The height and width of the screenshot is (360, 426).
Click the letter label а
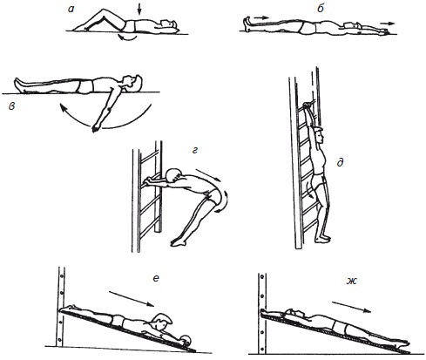(x=71, y=9)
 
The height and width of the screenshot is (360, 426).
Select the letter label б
(x=321, y=9)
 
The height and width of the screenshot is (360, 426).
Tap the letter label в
(x=12, y=106)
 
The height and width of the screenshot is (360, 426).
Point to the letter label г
(x=195, y=150)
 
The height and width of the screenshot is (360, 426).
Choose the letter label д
(x=340, y=163)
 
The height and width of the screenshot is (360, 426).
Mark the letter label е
(x=156, y=278)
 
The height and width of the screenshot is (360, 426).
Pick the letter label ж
(x=352, y=281)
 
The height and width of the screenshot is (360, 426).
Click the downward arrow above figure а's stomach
(x=139, y=10)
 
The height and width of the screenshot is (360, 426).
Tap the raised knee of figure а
(x=102, y=11)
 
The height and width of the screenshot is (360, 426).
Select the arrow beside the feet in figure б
(x=263, y=17)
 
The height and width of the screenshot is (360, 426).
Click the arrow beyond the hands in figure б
(x=389, y=24)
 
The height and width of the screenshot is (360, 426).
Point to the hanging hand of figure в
(x=95, y=128)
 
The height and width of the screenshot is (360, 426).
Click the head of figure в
(x=132, y=82)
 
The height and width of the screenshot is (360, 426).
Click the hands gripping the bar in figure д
(x=308, y=106)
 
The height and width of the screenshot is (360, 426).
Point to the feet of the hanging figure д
(x=322, y=238)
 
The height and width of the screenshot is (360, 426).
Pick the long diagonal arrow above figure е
(x=132, y=299)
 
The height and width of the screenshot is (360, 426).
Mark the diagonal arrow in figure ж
(x=351, y=307)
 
